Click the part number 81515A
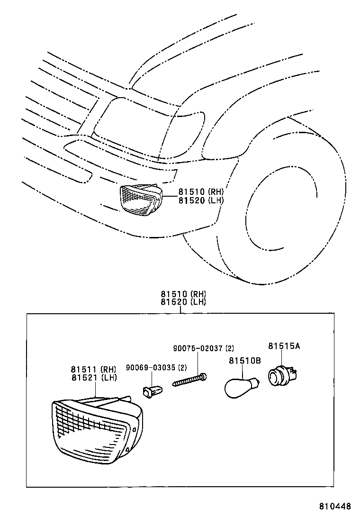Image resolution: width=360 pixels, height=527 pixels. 284,346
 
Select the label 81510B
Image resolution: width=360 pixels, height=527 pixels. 245,361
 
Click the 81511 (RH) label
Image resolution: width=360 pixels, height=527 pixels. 94,369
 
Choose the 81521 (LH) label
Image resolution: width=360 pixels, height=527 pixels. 94,378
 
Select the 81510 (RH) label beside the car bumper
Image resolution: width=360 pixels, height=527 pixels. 201,192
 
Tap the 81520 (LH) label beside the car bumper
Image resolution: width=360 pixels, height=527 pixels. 201,200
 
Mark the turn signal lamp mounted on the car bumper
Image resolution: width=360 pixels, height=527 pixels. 139,200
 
